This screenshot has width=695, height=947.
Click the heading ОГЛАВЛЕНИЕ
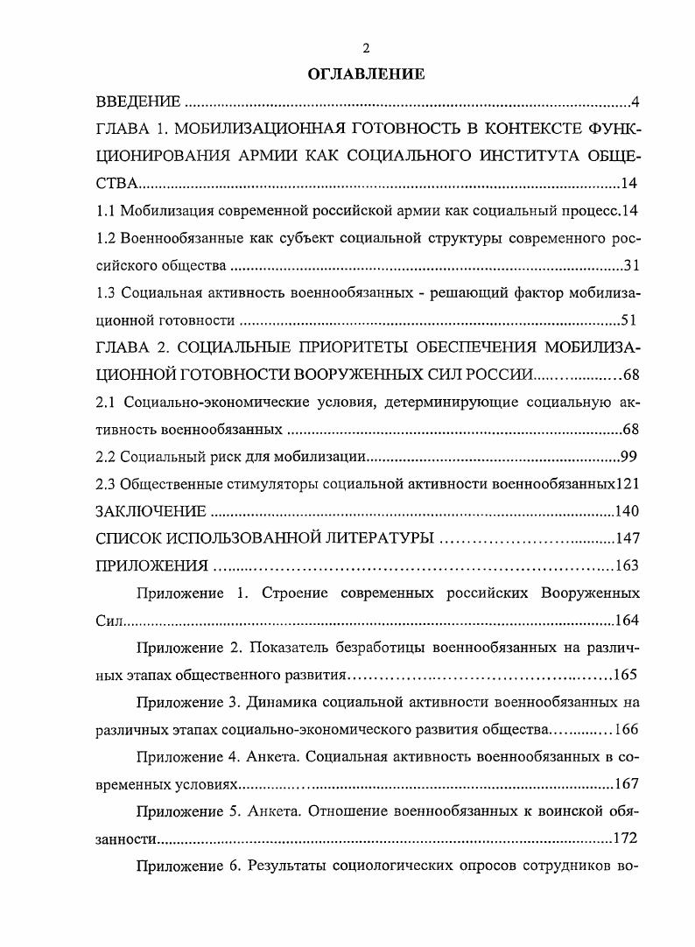point(366,75)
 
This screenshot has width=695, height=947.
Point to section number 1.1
point(105,211)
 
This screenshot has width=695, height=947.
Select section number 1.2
point(105,238)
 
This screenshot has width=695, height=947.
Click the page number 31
point(632,265)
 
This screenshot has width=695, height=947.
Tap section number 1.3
point(105,292)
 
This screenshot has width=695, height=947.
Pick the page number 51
point(632,319)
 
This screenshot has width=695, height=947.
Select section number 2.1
point(105,403)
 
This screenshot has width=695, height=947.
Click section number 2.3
point(105,484)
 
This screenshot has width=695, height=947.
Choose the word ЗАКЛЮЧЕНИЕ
point(151,511)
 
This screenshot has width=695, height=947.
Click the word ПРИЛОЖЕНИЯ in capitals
point(151,565)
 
